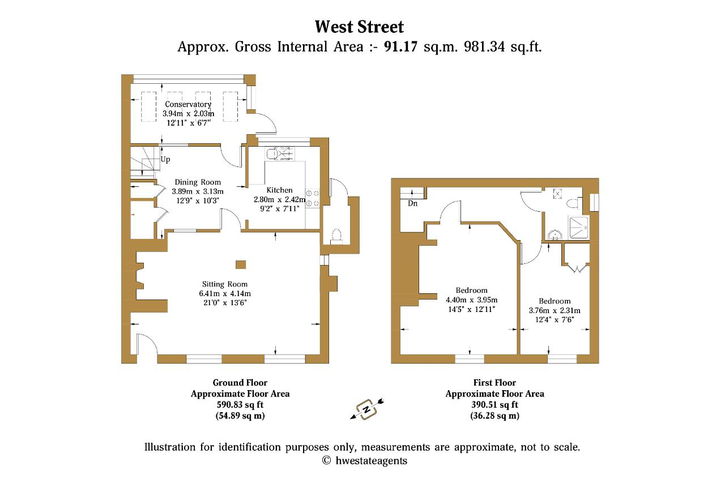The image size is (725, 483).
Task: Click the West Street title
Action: point(359,27)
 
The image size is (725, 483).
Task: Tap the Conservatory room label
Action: point(188,104)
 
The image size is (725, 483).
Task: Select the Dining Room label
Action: point(198,182)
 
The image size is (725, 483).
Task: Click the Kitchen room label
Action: point(279,190)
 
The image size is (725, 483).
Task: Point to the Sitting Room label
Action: point(225,284)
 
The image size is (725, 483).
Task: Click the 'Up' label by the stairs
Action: point(165,160)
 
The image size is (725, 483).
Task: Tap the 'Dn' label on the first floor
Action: point(413,203)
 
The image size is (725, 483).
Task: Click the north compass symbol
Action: point(366,409)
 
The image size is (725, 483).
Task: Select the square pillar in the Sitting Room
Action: point(241,264)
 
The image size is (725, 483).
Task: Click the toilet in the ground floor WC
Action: point(336,236)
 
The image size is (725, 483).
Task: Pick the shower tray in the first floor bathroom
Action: point(579,227)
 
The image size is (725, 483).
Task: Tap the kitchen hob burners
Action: point(313,198)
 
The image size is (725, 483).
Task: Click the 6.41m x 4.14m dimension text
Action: point(225,293)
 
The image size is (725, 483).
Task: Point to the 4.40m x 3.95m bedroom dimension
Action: point(472,300)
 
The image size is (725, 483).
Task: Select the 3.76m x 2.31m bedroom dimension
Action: point(555,310)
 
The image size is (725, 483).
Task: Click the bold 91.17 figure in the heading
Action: point(400,46)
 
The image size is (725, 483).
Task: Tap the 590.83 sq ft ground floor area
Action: point(240,405)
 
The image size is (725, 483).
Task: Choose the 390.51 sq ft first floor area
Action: point(494,405)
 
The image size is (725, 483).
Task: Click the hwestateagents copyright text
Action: point(365,460)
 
